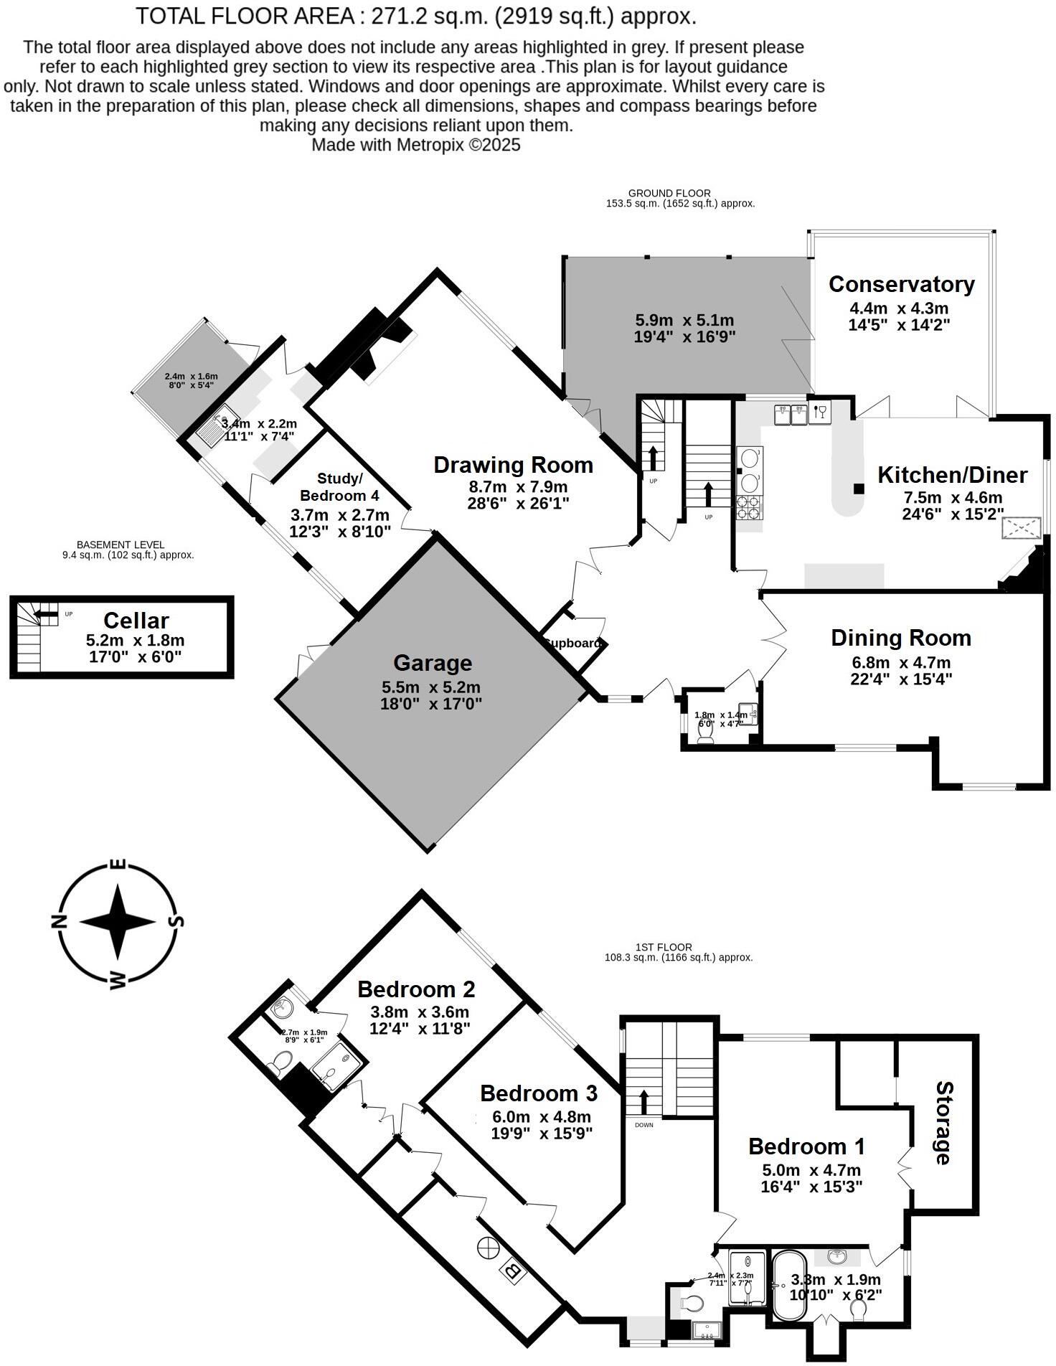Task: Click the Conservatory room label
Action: click(901, 284)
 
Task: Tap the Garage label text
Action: click(432, 663)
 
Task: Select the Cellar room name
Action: click(136, 621)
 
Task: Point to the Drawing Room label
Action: click(513, 465)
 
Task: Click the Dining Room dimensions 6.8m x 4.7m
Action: click(900, 662)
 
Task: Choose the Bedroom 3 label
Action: click(538, 1093)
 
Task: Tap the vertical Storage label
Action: click(943, 1124)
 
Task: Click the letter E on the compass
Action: click(119, 865)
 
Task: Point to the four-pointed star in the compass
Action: click(118, 922)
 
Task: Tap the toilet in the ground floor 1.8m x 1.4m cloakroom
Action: click(705, 736)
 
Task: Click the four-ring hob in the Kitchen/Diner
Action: click(750, 508)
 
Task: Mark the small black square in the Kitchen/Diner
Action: click(858, 489)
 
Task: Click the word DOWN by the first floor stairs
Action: click(643, 1125)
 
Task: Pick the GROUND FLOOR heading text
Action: click(669, 193)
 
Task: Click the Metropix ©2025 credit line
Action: click(415, 145)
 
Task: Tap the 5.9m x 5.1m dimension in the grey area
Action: click(684, 321)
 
